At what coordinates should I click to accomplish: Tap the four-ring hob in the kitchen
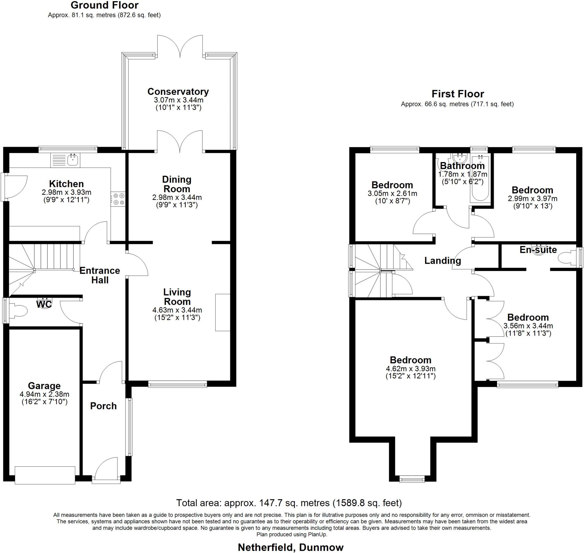(x=118, y=199)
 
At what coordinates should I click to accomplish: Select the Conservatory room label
(x=178, y=92)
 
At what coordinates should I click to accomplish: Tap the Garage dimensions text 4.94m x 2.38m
(x=45, y=394)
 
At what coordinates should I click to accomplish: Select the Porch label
(x=103, y=406)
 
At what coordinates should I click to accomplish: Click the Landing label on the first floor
(x=442, y=260)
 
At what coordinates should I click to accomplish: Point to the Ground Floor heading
(x=105, y=5)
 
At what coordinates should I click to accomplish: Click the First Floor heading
(x=458, y=94)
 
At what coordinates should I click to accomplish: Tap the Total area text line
(x=289, y=502)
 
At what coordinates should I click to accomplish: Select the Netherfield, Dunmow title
(x=291, y=547)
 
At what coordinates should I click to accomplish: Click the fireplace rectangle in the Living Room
(x=223, y=312)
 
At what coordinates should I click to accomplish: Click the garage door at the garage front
(x=45, y=475)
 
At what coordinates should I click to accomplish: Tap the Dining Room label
(x=177, y=184)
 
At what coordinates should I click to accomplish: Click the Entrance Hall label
(x=100, y=275)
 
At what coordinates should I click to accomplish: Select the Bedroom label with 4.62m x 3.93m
(x=410, y=360)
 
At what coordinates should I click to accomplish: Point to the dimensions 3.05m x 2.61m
(x=392, y=194)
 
